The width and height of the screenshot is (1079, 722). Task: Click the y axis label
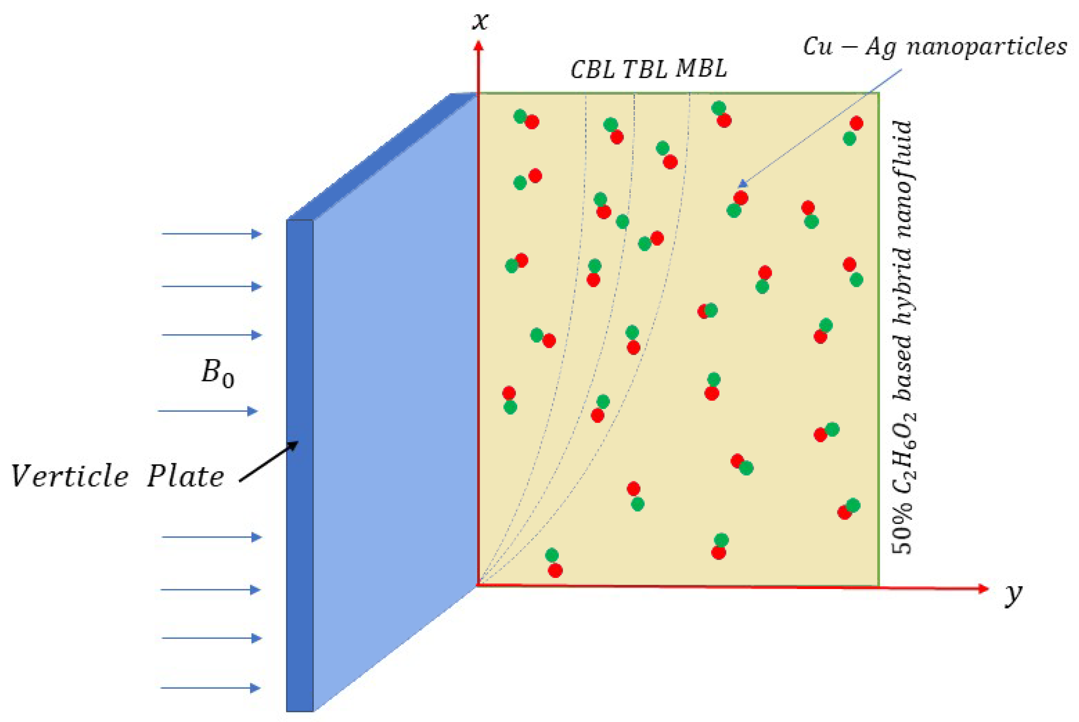[1013, 595]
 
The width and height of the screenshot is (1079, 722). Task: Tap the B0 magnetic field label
[218, 373]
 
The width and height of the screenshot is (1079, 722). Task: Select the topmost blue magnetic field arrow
[212, 234]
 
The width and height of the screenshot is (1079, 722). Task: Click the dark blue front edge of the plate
[300, 466]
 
